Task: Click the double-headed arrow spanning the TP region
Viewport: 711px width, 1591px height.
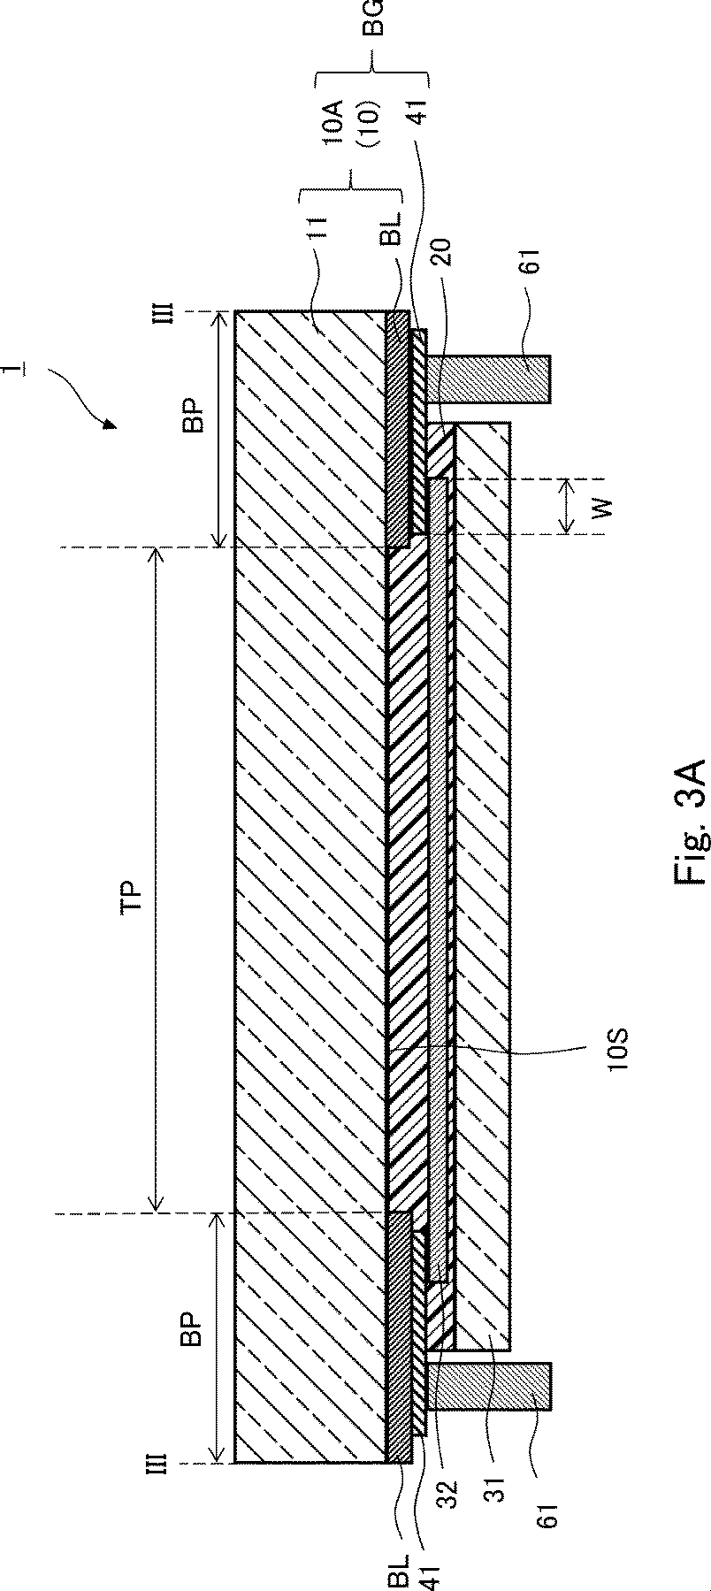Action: [157, 879]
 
